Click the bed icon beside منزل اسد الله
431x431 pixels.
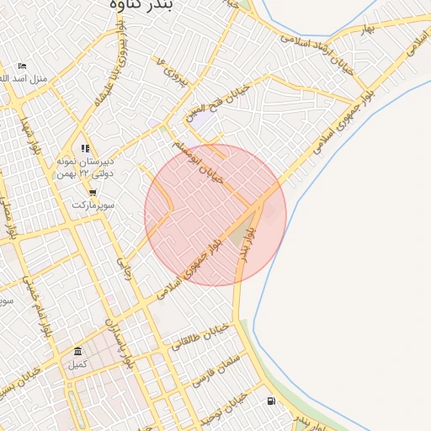22,67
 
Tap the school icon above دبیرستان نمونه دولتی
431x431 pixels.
85,148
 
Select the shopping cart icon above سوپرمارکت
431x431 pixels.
91,193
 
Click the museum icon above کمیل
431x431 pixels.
78,351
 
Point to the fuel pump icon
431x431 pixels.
269,401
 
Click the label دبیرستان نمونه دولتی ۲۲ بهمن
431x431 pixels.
80,167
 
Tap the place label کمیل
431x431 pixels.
77,364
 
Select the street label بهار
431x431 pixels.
365,31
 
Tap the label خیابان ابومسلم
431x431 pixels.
199,162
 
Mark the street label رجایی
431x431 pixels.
127,269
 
